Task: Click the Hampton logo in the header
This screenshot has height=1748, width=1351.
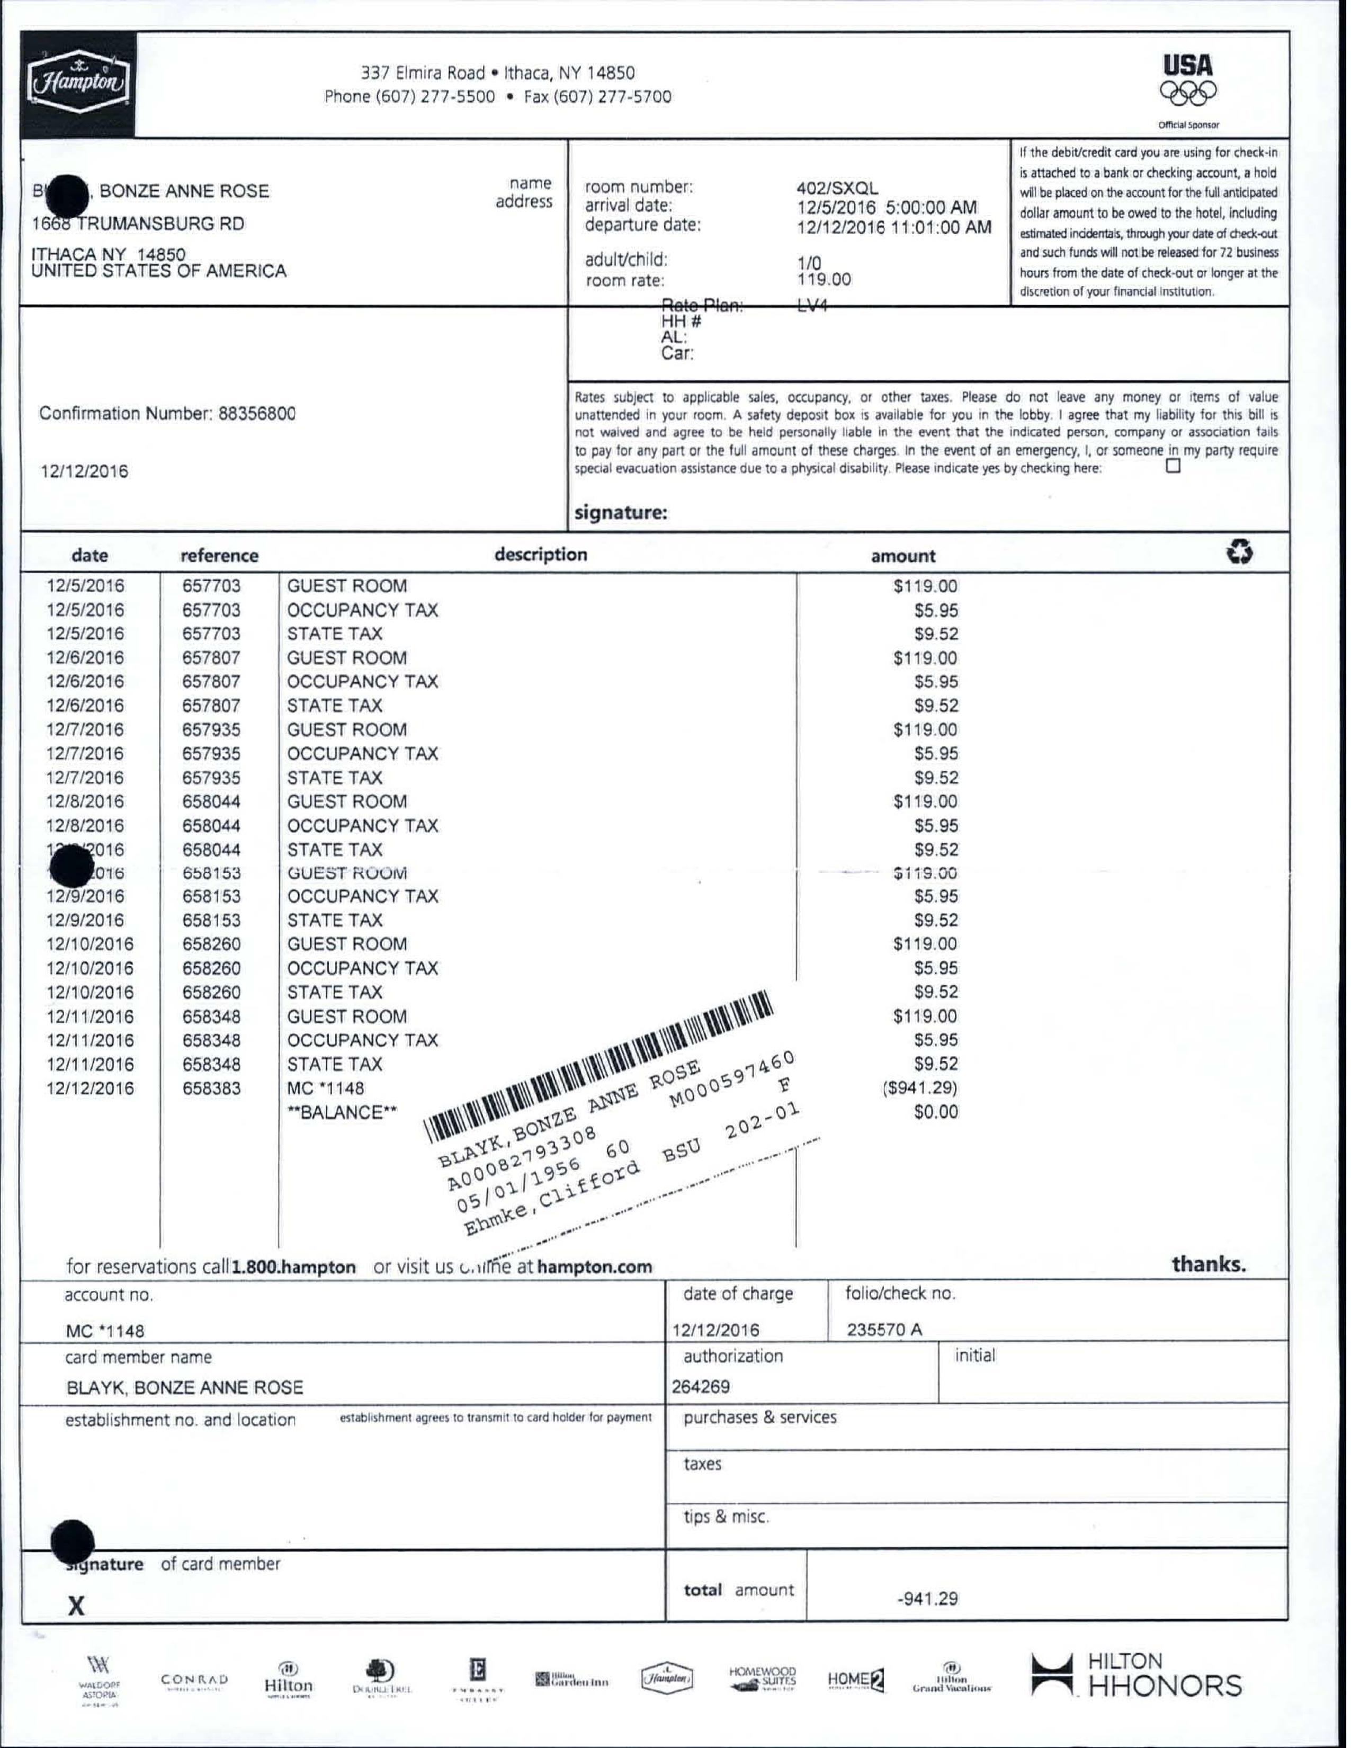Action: tap(78, 83)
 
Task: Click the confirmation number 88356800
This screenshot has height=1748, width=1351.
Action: tap(256, 414)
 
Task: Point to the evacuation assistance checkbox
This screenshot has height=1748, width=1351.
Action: tap(1174, 466)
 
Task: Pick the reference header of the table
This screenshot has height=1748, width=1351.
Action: tap(219, 556)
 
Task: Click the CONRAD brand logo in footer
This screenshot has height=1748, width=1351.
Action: tap(194, 1679)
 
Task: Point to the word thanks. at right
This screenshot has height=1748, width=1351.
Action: tap(1209, 1264)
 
